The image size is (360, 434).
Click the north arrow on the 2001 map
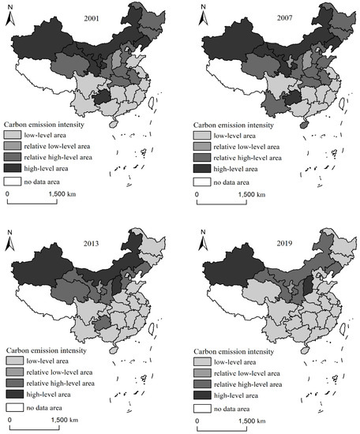[x=10, y=17]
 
